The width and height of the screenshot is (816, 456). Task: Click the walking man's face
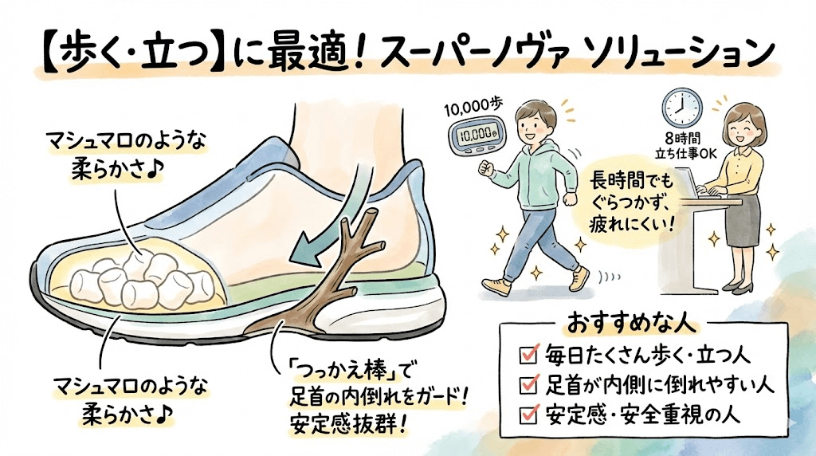coord(531,124)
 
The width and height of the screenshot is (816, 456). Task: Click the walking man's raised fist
coord(485,168)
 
